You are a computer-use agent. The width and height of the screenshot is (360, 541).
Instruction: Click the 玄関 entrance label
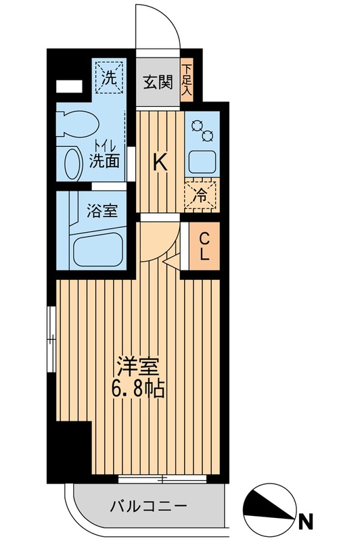tap(158, 82)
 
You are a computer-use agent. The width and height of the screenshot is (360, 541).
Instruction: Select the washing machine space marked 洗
tap(109, 76)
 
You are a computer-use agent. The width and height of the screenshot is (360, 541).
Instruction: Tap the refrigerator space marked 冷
tap(202, 194)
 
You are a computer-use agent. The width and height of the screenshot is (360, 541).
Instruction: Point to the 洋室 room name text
tap(140, 369)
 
